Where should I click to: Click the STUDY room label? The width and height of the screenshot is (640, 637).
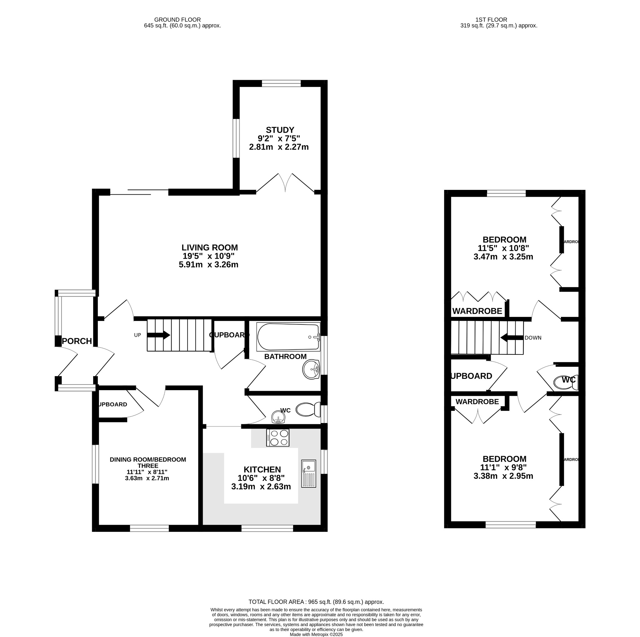[280, 130]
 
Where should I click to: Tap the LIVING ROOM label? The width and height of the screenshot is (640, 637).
[209, 247]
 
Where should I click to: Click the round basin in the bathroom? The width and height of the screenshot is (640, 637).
[311, 369]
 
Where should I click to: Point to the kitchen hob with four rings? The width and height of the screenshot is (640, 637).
[277, 438]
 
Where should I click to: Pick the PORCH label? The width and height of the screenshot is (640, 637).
[77, 341]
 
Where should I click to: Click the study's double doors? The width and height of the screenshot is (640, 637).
[285, 183]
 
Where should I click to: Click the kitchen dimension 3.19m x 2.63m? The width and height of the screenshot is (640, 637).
[261, 487]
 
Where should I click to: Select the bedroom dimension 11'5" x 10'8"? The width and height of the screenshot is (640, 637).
[503, 248]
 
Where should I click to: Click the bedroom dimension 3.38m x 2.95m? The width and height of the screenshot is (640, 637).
[503, 476]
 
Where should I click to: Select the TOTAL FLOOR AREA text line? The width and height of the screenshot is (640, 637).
[316, 602]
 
